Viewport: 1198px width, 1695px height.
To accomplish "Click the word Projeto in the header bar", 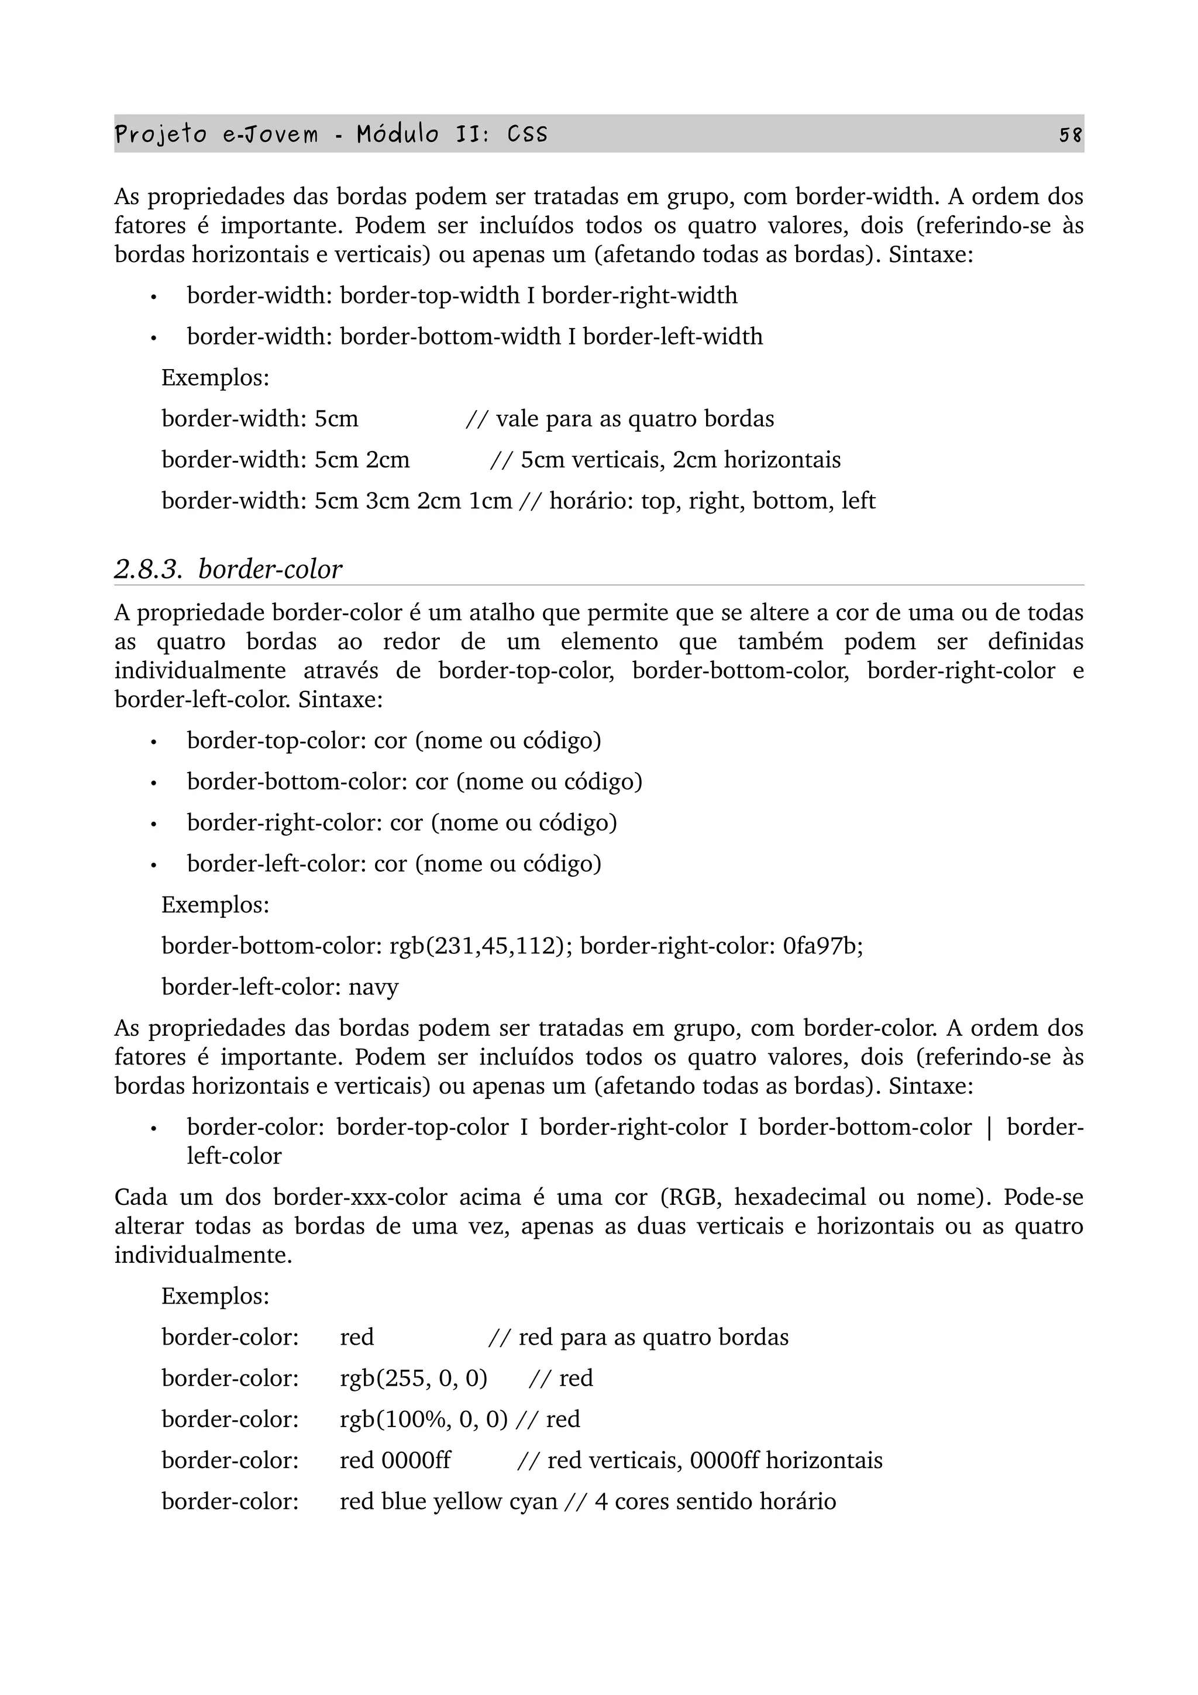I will [x=161, y=135].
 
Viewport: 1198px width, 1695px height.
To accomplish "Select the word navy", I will [x=374, y=987].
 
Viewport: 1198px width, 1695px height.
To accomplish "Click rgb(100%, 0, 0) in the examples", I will [x=424, y=1419].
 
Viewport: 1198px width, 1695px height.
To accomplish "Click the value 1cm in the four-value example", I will [x=490, y=501].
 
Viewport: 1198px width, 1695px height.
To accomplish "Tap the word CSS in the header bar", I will [x=527, y=135].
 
